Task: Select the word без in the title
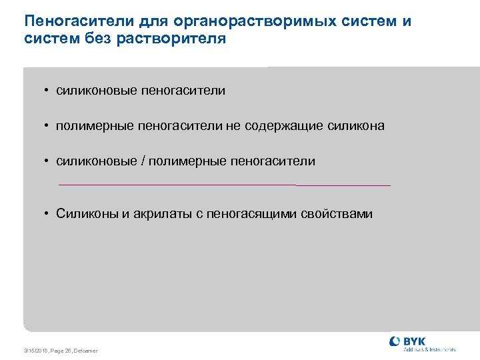coord(100,39)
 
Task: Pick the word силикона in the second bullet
coord(356,125)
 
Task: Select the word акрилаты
coord(161,214)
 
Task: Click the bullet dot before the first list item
coord(48,91)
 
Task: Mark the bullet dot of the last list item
coord(48,214)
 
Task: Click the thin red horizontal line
coord(224,185)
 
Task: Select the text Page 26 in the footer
coord(60,351)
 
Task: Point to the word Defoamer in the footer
coord(85,351)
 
